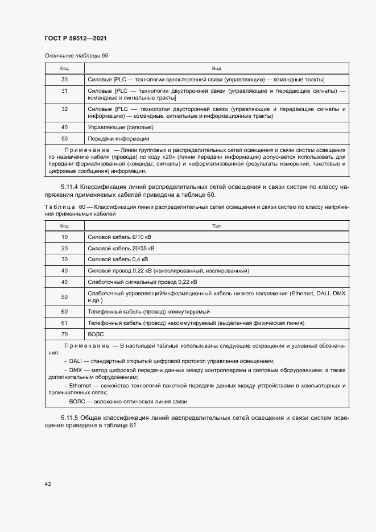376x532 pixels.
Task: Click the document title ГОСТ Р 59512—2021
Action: click(x=76, y=38)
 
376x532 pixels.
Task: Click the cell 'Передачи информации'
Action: click(x=118, y=138)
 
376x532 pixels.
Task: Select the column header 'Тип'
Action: click(x=217, y=226)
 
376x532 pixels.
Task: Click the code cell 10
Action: click(x=64, y=237)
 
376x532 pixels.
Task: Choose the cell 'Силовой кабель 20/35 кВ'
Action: click(x=121, y=248)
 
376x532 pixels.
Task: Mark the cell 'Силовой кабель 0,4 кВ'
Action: click(x=118, y=259)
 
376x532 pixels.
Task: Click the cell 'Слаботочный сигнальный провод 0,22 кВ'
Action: click(x=142, y=282)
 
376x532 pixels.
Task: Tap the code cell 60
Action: click(x=64, y=312)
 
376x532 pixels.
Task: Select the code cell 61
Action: click(x=64, y=323)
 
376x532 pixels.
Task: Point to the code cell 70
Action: click(x=64, y=335)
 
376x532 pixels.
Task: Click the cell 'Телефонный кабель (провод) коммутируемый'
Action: click(x=148, y=312)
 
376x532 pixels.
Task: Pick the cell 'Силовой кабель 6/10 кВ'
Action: click(x=119, y=237)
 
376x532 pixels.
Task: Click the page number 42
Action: click(x=48, y=484)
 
